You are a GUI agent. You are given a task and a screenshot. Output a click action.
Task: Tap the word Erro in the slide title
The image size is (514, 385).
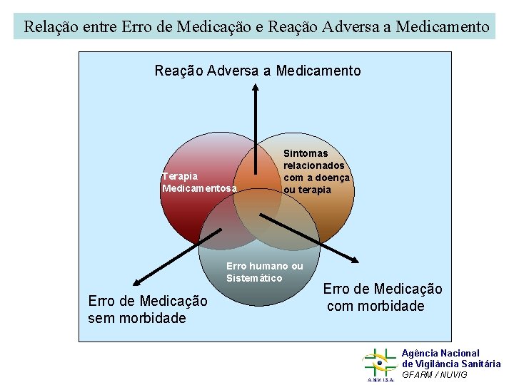136,28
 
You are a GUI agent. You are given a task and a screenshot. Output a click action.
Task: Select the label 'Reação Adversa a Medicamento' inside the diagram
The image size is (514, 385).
258,71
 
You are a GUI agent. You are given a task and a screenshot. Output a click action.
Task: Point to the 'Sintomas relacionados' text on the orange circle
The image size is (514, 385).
314,159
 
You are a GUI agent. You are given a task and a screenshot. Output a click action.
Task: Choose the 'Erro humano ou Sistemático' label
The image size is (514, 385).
264,272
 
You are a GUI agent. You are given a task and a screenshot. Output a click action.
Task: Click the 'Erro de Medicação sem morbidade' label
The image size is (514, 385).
148,309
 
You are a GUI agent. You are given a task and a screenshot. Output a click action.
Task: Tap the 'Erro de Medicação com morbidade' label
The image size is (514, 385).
383,297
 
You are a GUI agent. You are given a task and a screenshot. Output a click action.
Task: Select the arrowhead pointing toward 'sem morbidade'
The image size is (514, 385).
134,282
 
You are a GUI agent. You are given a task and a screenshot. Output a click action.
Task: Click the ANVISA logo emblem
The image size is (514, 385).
379,364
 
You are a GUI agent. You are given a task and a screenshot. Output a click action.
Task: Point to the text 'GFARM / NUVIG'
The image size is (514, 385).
435,374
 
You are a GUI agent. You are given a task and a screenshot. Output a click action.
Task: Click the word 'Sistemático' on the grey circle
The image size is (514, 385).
254,278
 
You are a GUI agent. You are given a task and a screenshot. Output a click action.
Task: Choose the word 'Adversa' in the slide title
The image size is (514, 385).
350,28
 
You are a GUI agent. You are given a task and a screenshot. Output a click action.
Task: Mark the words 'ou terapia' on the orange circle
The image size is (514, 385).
308,190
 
